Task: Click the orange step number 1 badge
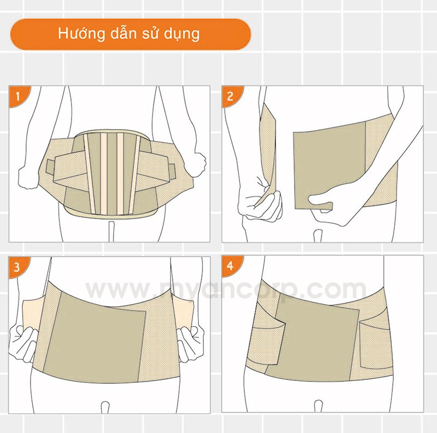tap(19, 96)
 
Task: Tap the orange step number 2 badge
tap(231, 96)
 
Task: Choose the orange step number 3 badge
tap(18, 266)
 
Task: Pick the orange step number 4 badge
tap(231, 266)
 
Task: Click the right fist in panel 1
tap(197, 164)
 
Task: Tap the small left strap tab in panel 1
tap(50, 167)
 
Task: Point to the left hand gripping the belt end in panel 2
tap(259, 202)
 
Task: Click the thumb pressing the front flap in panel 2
tap(321, 201)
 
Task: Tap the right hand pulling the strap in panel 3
tap(190, 343)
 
